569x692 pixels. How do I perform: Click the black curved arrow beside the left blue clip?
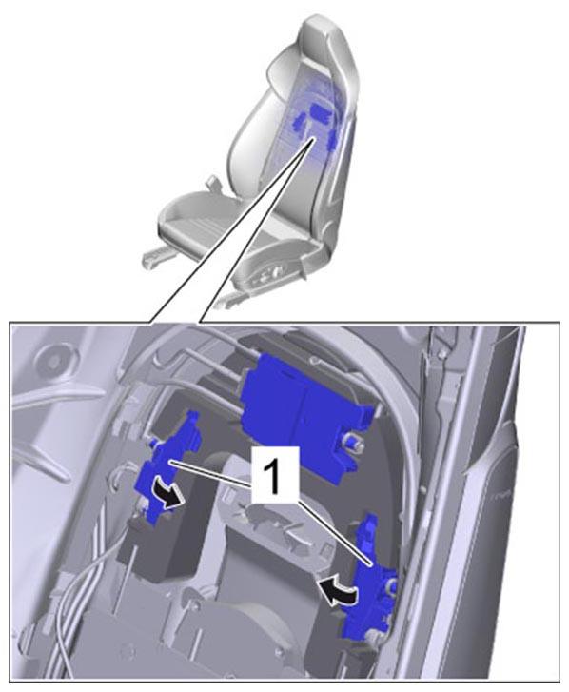pyautogui.click(x=168, y=494)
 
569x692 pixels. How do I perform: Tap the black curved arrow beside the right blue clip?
pyautogui.click(x=338, y=590)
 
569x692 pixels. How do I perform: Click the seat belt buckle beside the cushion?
pyautogui.click(x=213, y=182)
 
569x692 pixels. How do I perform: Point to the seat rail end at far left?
pyautogui.click(x=149, y=259)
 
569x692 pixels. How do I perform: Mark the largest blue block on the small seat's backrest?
pyautogui.click(x=321, y=111)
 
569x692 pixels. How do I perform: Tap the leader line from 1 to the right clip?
pyautogui.click(x=334, y=532)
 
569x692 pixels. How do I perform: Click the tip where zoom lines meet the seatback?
pyautogui.click(x=314, y=138)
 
